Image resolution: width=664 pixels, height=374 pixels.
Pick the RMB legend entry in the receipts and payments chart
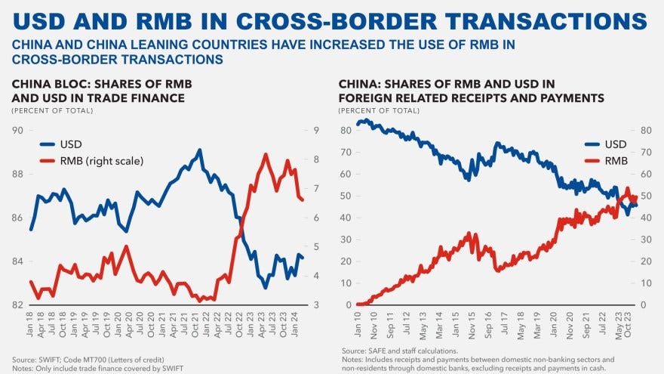click(615, 160)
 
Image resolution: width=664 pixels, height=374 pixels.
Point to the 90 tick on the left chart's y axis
click(17, 131)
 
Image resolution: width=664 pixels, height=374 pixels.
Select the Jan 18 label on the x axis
click(31, 326)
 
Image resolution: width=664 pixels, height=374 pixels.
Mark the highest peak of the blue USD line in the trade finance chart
click(198, 150)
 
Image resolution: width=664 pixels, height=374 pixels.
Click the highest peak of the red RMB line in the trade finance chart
click(266, 154)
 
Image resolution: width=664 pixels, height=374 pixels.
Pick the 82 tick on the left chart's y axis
click(17, 305)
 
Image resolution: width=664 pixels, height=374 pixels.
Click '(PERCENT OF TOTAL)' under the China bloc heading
click(52, 110)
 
